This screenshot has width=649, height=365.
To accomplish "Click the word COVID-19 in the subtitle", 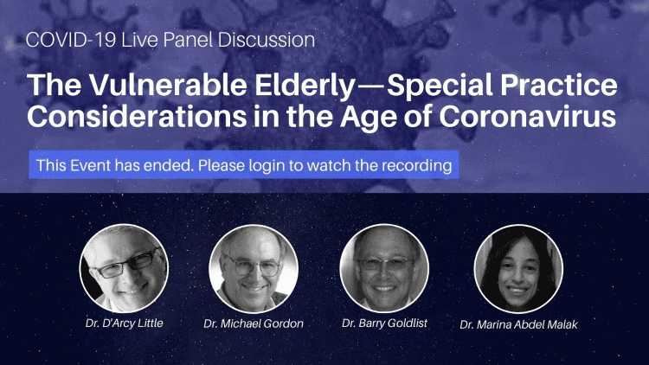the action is tap(70, 40).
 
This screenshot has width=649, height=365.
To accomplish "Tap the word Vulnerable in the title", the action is tap(169, 85).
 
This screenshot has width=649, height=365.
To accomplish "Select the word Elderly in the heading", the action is tap(305, 86).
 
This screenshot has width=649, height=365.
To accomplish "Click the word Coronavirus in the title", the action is tap(528, 116).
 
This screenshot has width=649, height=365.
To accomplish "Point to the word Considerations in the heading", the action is tap(137, 116).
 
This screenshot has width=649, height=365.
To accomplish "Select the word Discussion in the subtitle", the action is tap(267, 40).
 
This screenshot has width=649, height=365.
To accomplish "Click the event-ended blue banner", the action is tap(244, 164).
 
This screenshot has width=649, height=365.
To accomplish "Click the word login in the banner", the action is tap(267, 166).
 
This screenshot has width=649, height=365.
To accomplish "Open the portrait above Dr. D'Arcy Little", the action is tap(124, 268).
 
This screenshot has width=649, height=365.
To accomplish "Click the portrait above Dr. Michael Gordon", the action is tap(254, 268).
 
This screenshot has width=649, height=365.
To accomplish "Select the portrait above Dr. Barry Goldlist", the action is tap(384, 268).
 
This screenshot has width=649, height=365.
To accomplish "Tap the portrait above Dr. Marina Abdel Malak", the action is tap(518, 268).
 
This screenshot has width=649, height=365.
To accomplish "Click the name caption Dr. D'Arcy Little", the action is tap(124, 323).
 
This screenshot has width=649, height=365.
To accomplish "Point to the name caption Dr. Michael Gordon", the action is tap(254, 323).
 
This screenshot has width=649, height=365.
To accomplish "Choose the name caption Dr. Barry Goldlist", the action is tap(384, 323).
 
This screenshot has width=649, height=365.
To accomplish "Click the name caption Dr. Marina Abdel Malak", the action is tap(518, 324).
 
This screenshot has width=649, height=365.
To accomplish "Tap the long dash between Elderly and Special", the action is tap(371, 86).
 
